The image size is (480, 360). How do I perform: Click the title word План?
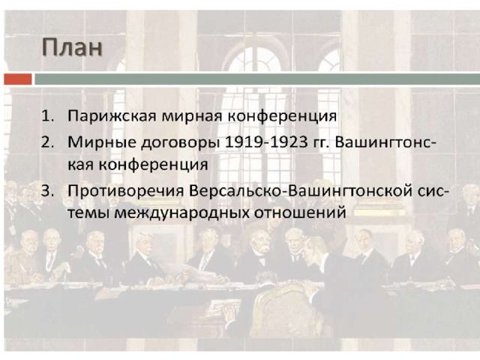(72, 47)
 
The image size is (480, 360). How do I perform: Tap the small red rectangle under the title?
(18, 79)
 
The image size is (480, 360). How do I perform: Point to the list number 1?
(47, 116)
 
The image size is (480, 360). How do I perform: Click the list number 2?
(47, 142)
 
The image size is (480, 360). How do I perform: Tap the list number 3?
(47, 191)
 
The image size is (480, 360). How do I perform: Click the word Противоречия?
(126, 192)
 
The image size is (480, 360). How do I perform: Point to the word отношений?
(300, 212)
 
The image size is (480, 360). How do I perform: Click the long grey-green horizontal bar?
(257, 79)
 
